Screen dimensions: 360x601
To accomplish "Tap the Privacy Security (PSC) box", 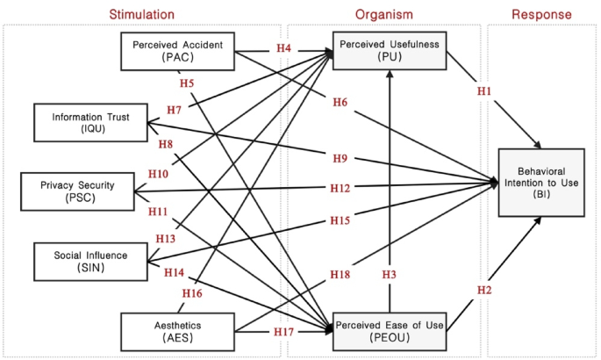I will pyautogui.click(x=78, y=190).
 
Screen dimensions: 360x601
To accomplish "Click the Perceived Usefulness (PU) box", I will pyautogui.click(x=389, y=50).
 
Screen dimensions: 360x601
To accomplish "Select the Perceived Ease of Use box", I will pyautogui.click(x=389, y=328).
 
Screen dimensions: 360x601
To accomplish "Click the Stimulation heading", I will pyautogui.click(x=141, y=14).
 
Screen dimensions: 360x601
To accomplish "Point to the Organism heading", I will pyautogui.click(x=384, y=14).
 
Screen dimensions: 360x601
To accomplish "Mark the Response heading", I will pyautogui.click(x=541, y=14).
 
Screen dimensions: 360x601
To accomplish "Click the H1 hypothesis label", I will pyautogui.click(x=484, y=90).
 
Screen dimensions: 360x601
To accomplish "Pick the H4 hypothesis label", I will pyautogui.click(x=283, y=50).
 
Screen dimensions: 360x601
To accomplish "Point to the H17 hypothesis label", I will pyautogui.click(x=283, y=332).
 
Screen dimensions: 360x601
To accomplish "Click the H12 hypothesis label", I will pyautogui.click(x=340, y=189).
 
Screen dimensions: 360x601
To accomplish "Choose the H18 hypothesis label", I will pyautogui.click(x=340, y=276).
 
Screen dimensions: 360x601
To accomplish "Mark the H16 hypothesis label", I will pyautogui.click(x=191, y=292).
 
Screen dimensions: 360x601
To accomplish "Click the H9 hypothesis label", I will pyautogui.click(x=340, y=158).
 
